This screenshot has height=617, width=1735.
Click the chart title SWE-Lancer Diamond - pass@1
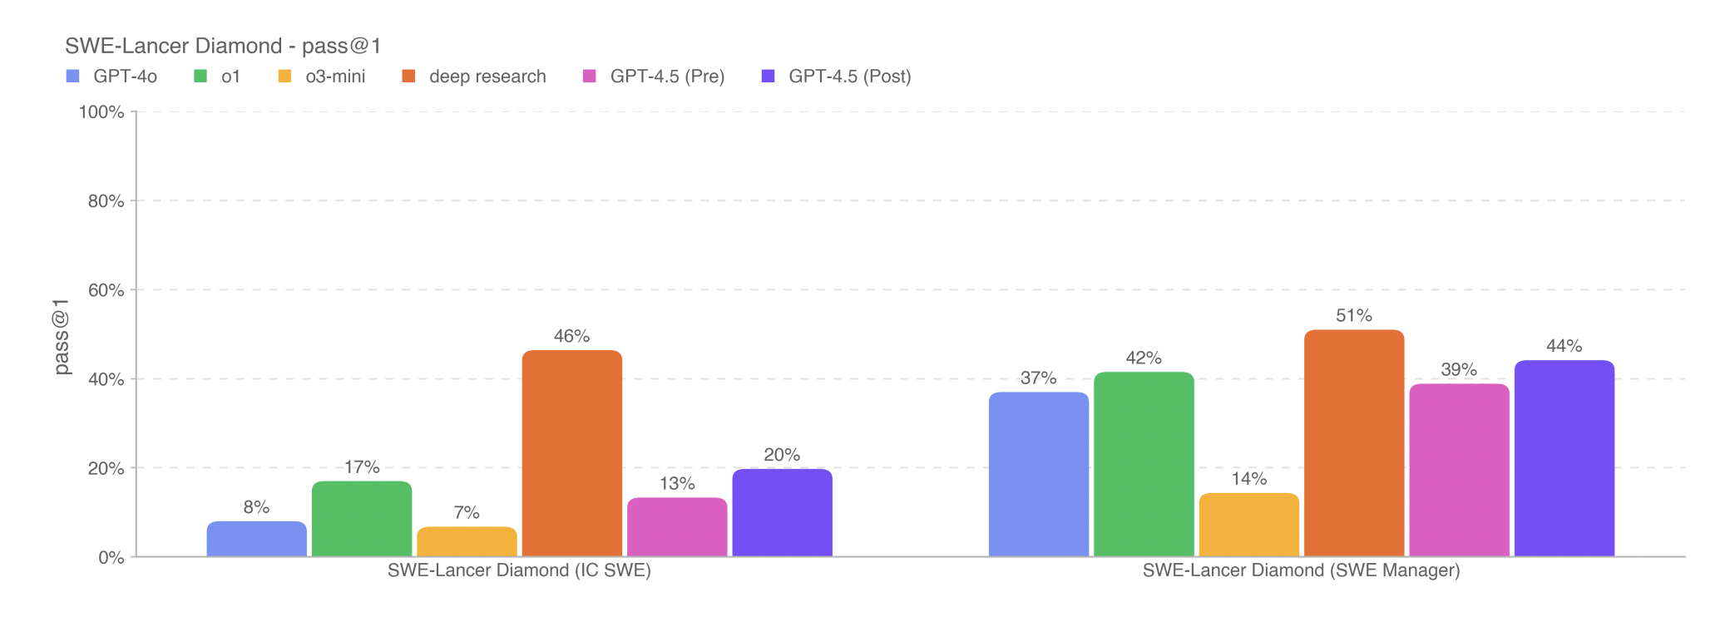(x=223, y=46)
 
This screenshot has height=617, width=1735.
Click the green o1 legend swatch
(x=200, y=77)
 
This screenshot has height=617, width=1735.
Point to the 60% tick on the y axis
(x=106, y=290)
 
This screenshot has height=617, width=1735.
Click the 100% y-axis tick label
(x=101, y=112)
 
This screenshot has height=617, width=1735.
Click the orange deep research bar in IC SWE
(x=571, y=453)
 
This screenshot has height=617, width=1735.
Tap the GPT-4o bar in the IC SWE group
(x=256, y=539)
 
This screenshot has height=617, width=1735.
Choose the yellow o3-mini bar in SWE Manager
(x=1248, y=525)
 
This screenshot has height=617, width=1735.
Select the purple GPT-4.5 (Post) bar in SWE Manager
(x=1564, y=458)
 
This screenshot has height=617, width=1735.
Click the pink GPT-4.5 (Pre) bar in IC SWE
(x=677, y=527)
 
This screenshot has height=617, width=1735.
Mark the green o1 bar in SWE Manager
(x=1144, y=464)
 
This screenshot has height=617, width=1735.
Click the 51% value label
(x=1354, y=316)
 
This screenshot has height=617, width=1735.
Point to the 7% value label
(x=467, y=512)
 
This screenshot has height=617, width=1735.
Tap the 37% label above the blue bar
(x=1038, y=378)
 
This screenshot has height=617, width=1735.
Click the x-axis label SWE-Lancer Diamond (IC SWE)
(x=519, y=570)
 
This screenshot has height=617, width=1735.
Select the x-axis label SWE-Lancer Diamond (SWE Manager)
(x=1301, y=570)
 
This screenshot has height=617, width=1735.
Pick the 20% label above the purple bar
(x=782, y=455)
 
